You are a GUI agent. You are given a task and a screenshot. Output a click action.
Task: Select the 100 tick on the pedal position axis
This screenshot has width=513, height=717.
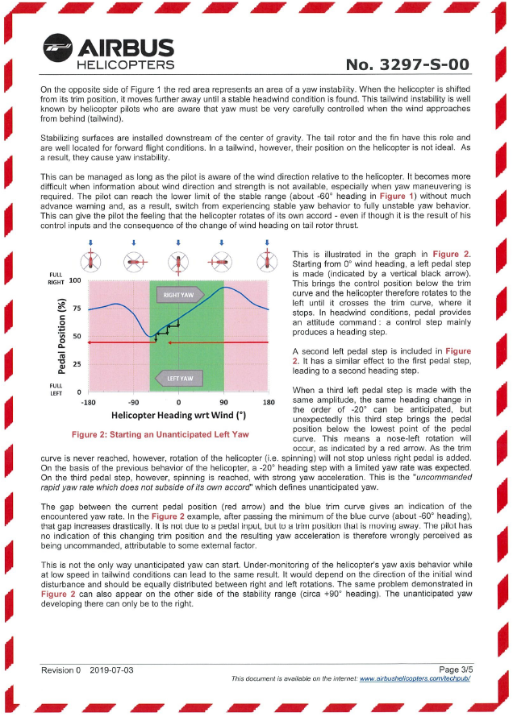click(75, 281)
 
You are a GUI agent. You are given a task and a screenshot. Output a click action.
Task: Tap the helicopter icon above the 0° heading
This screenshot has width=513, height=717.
click(178, 262)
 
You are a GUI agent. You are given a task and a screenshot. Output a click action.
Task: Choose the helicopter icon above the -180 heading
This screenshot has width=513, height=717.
click(91, 262)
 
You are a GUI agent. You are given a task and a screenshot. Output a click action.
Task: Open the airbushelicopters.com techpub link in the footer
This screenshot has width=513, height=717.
click(415, 679)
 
